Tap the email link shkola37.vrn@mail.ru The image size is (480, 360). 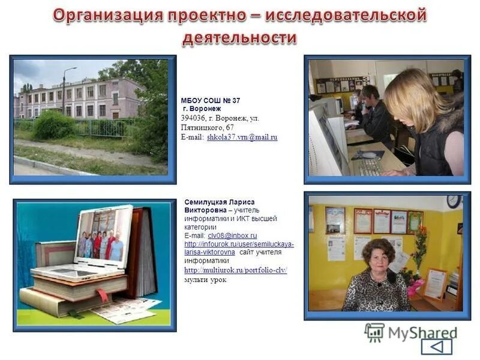click(x=242, y=137)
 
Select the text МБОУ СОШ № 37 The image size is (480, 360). click(x=211, y=100)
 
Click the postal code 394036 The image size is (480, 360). click(x=193, y=118)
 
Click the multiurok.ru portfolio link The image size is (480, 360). click(x=236, y=271)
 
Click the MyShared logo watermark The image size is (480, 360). click(x=412, y=332)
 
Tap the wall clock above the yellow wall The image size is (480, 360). click(x=454, y=202)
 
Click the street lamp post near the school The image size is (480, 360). click(x=64, y=90)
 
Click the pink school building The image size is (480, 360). click(x=78, y=97)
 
